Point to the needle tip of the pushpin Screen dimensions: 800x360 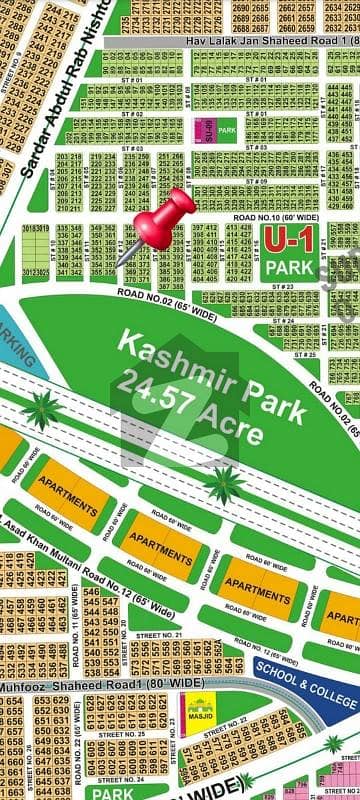118,265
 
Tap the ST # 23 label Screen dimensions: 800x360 281,286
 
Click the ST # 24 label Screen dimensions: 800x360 284,321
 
